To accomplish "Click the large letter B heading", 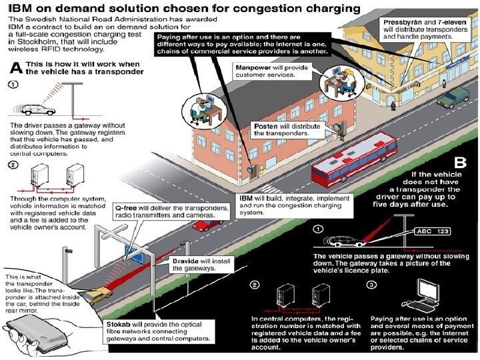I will tap(460, 162).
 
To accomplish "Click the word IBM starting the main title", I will tap(21, 9).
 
